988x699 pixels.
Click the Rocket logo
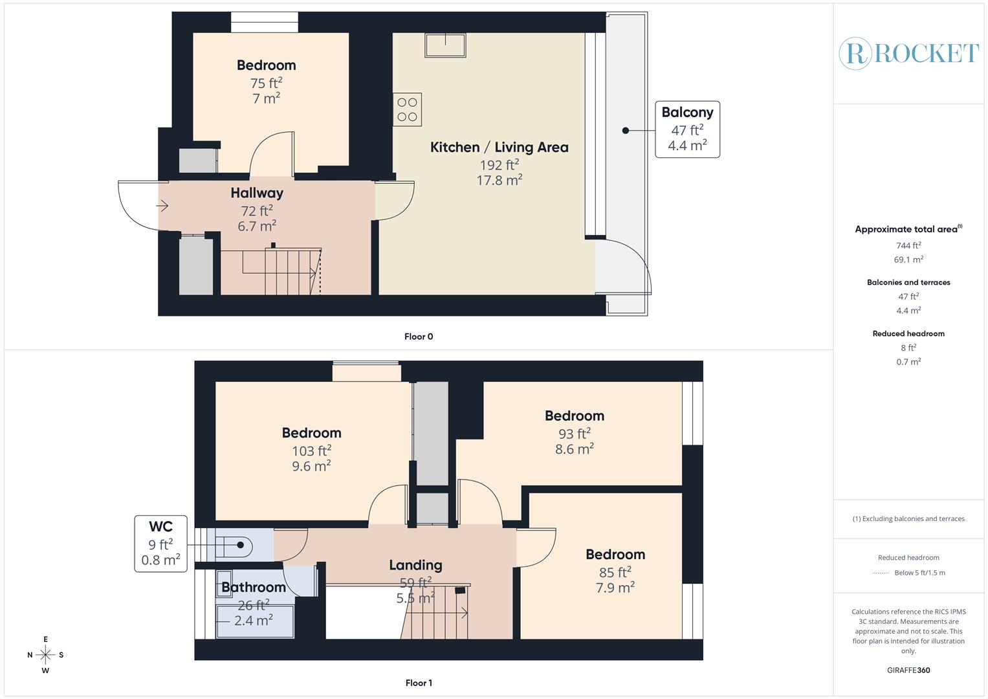click(908, 53)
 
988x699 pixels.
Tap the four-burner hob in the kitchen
click(408, 109)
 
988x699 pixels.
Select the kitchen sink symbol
click(446, 45)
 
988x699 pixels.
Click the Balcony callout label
click(687, 129)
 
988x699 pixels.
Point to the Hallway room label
click(257, 193)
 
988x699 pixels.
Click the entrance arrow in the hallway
click(162, 206)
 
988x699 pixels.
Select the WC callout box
click(160, 544)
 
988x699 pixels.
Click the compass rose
click(45, 654)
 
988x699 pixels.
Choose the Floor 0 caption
click(419, 337)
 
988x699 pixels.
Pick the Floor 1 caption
click(418, 683)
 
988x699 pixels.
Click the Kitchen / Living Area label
click(499, 148)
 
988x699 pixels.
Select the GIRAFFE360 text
click(908, 670)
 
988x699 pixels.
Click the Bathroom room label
click(254, 588)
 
